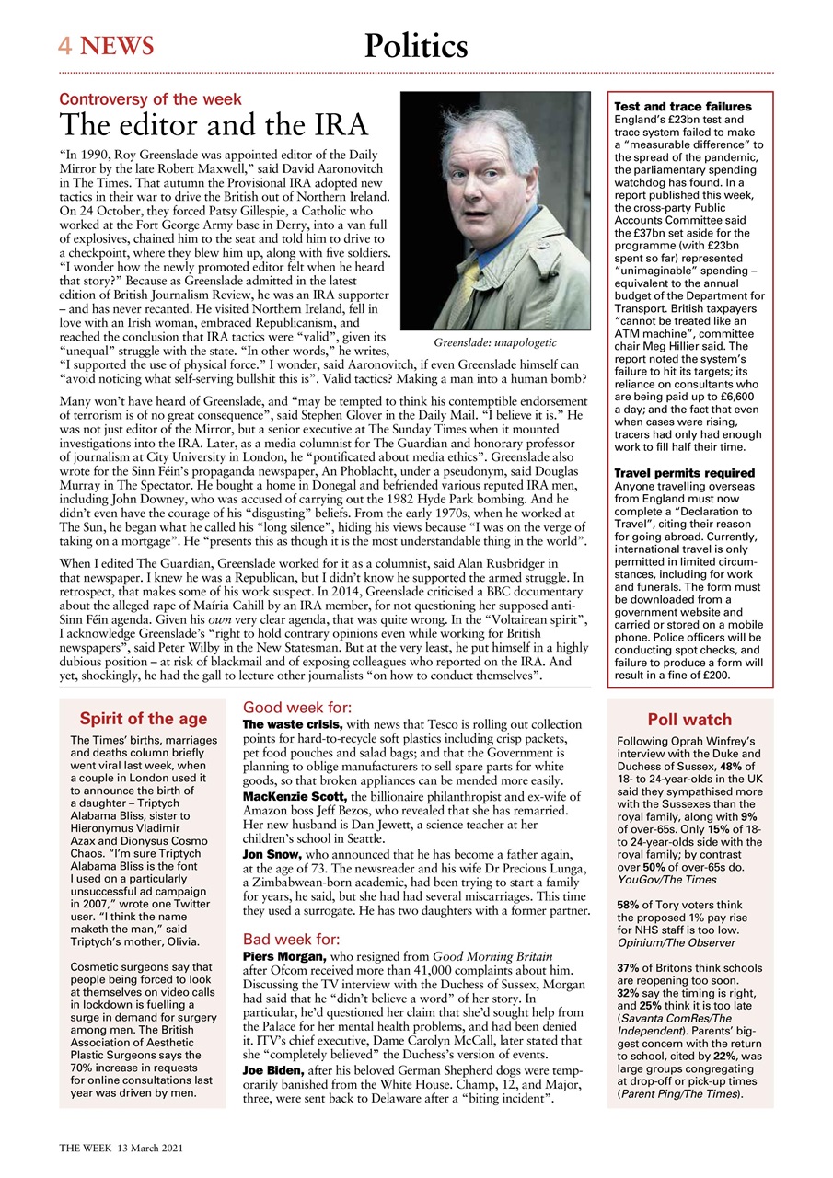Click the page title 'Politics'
click(416, 45)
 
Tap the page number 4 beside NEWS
click(65, 45)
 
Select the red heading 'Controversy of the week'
click(150, 99)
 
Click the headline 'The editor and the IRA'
click(214, 125)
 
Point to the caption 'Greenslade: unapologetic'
click(495, 342)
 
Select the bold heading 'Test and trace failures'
click(682, 107)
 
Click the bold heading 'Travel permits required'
click(684, 473)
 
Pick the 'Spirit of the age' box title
click(143, 719)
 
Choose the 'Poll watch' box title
click(689, 720)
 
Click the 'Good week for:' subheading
click(296, 708)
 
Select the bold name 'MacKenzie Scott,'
click(294, 795)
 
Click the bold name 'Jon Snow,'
click(273, 854)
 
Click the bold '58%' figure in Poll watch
click(630, 905)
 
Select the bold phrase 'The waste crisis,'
click(292, 725)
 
